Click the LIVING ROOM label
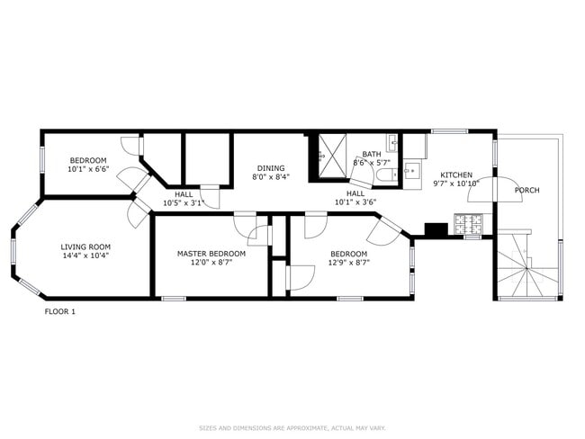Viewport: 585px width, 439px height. coord(85,246)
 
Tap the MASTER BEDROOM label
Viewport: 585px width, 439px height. coord(211,254)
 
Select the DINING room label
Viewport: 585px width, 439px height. coord(271,168)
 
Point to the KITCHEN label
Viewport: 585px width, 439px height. coord(456,175)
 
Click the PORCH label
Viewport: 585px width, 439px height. coord(527,190)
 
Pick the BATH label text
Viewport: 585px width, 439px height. coord(372,154)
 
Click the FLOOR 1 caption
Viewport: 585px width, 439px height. coord(60,312)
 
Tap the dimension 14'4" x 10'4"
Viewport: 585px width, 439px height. coord(85,255)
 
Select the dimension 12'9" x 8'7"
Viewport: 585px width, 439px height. coord(349,263)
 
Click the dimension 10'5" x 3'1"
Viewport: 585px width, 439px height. coord(184,203)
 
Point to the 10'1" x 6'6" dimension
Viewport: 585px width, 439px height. coord(88,169)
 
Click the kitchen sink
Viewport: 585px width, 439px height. coord(411,171)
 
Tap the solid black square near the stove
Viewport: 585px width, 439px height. coord(436,229)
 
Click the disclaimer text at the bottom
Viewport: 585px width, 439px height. coord(292,428)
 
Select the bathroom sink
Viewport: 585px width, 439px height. coord(391,142)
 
